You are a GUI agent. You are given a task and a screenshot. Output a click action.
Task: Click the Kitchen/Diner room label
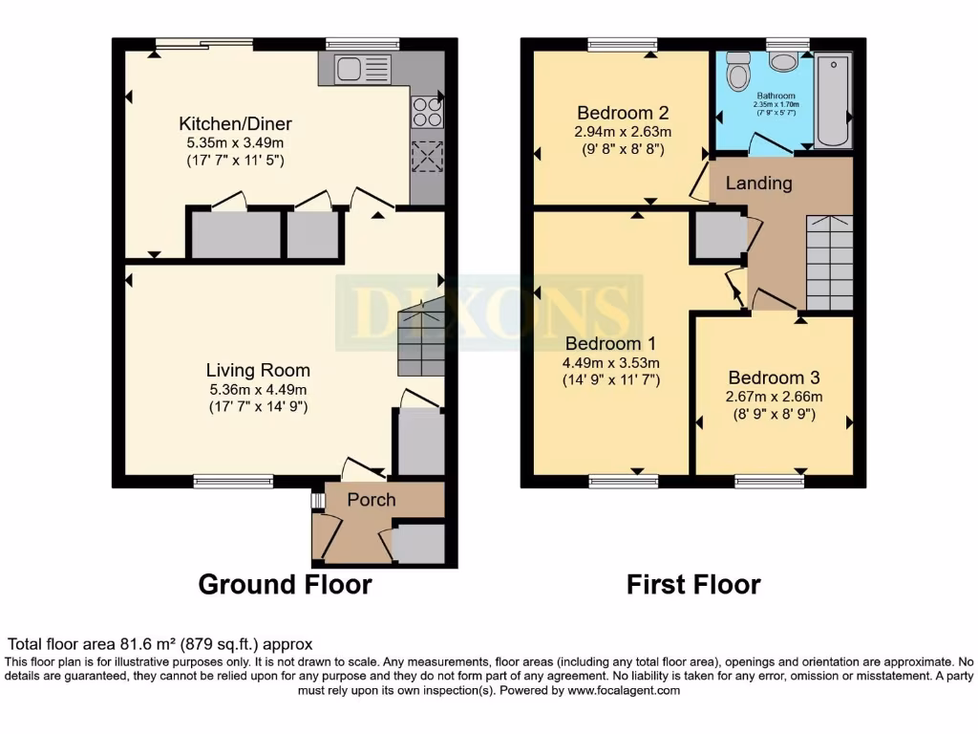235,124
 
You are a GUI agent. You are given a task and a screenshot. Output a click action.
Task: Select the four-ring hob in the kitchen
426,112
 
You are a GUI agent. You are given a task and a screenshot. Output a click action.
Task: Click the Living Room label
258,371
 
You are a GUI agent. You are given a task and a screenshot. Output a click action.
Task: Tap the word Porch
371,500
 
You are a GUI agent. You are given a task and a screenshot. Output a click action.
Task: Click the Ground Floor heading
285,584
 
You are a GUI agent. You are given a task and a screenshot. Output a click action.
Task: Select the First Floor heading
693,584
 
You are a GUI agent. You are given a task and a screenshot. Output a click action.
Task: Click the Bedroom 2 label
622,114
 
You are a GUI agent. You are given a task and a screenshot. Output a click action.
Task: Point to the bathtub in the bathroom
833,100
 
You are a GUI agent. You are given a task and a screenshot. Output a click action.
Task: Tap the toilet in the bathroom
737,71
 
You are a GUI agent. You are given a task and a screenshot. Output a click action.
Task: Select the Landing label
758,183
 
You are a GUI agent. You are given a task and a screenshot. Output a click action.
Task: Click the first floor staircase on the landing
829,262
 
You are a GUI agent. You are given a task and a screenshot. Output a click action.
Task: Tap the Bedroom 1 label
611,344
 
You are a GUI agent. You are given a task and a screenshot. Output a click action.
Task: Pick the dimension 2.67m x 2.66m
774,397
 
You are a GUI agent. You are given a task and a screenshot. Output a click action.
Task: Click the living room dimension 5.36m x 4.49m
258,389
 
